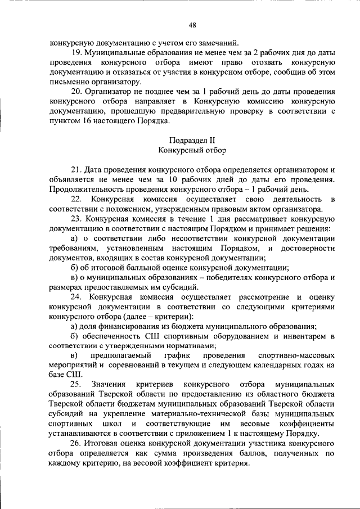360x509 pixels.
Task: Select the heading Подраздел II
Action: point(192,140)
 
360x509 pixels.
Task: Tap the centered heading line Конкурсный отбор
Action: point(192,150)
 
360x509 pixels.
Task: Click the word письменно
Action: point(71,82)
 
